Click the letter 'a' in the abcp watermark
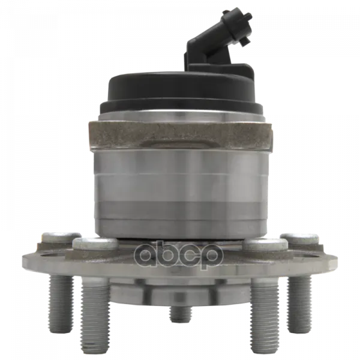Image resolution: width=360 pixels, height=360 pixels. click(x=145, y=254)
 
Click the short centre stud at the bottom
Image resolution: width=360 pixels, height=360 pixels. click(x=180, y=314)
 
